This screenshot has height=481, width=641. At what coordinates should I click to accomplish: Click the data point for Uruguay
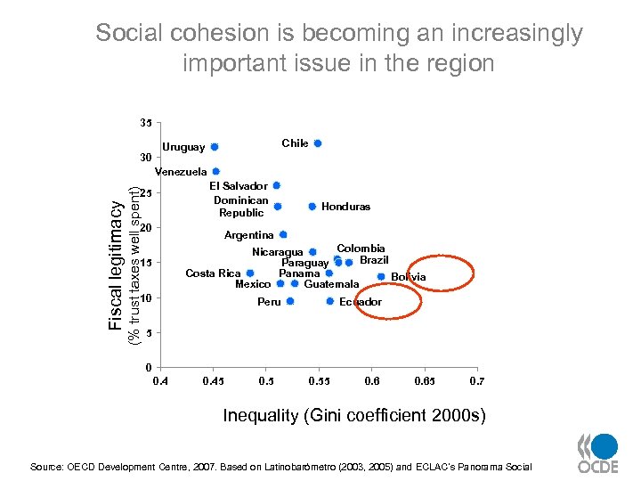coord(215,147)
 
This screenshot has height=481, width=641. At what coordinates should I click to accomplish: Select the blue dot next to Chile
coord(318,143)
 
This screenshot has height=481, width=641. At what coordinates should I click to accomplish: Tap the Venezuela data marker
coord(216,171)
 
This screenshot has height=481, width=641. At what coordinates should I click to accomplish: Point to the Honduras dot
coord(312,207)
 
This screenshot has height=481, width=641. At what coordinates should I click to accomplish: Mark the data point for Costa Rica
coord(250,273)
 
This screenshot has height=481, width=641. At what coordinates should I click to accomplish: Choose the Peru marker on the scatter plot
coord(290,302)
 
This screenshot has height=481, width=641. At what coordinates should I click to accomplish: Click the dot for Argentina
coord(283,235)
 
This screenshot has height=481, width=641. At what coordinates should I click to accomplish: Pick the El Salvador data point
coord(277,185)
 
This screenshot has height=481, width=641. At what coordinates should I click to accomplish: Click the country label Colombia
coord(361,249)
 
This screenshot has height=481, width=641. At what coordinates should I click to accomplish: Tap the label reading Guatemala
coord(331,284)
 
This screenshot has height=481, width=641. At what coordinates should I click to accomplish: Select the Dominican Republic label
coord(241,207)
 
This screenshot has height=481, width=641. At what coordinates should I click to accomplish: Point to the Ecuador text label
coord(361,302)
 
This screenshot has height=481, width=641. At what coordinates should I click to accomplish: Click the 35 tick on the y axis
coord(146,122)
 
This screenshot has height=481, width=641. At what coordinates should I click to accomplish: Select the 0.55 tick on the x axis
coord(318,381)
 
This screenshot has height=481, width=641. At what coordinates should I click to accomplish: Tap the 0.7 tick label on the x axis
coord(477,381)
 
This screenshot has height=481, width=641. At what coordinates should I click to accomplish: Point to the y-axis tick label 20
coord(146,228)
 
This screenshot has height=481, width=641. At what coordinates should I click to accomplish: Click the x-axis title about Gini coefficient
coord(354,416)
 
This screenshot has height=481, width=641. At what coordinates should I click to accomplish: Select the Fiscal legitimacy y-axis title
coord(116,264)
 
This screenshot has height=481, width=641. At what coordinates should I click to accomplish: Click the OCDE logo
coord(598,454)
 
